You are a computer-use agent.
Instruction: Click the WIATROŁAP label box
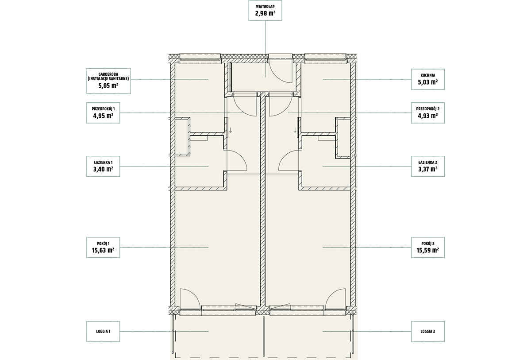click(265, 11)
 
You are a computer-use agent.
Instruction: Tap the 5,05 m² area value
click(108, 85)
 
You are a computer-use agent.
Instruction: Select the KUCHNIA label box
click(427, 79)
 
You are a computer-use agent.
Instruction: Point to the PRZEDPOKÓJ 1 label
click(103, 109)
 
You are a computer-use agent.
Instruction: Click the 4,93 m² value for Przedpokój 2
click(427, 116)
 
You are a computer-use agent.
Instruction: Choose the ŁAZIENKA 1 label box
click(103, 166)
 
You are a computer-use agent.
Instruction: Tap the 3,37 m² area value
click(427, 169)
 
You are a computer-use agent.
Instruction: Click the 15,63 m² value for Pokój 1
click(103, 250)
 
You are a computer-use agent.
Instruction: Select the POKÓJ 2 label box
click(427, 248)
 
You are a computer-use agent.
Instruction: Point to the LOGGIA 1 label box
click(103, 332)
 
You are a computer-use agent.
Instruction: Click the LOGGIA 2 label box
click(427, 332)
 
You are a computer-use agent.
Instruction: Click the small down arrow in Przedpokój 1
click(231, 130)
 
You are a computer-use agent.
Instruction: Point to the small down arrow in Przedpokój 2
click(295, 130)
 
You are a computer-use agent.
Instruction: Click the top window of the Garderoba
click(200, 58)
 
